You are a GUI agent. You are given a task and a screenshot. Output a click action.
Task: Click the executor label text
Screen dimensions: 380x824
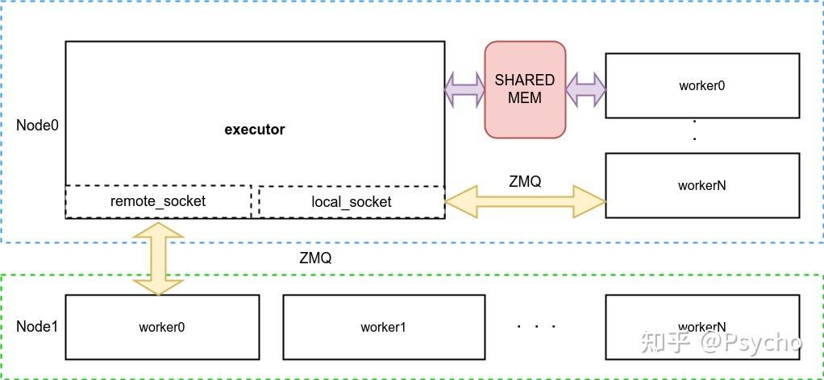pyautogui.click(x=254, y=130)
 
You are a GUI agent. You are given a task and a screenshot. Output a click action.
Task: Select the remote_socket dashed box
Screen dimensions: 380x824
pyautogui.click(x=158, y=201)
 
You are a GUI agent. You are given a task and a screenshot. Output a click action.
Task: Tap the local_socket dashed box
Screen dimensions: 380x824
pyautogui.click(x=351, y=202)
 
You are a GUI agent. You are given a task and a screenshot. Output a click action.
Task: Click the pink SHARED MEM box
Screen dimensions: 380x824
pyautogui.click(x=525, y=89)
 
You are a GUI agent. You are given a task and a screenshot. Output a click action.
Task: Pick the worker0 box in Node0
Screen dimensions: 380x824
pyautogui.click(x=702, y=85)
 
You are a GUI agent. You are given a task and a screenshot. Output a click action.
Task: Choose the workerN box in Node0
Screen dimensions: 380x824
pyautogui.click(x=702, y=185)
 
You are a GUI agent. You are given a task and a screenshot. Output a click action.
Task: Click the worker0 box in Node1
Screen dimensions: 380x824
pyautogui.click(x=162, y=327)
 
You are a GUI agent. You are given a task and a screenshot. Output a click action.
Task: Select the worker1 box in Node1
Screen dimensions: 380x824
pyautogui.click(x=384, y=327)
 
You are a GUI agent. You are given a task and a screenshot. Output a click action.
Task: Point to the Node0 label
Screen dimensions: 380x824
pyautogui.click(x=37, y=126)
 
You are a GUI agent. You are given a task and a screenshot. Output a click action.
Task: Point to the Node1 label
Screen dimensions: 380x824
pyautogui.click(x=37, y=327)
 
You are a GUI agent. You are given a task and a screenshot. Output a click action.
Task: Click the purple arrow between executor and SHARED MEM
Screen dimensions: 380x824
pyautogui.click(x=464, y=89)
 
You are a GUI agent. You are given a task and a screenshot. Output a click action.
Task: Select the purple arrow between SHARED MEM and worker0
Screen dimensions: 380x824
pyautogui.click(x=585, y=89)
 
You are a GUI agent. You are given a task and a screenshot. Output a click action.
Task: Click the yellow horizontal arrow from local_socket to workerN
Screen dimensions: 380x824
pyautogui.click(x=525, y=202)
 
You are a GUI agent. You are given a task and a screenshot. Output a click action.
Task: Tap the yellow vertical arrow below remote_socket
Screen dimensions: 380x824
pyautogui.click(x=158, y=259)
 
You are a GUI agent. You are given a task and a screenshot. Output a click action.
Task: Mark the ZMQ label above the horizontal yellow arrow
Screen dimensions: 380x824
pyautogui.click(x=525, y=182)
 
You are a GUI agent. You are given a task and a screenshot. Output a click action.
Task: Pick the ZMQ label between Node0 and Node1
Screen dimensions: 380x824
pyautogui.click(x=314, y=258)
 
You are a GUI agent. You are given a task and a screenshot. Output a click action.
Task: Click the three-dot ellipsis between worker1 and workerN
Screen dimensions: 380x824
pyautogui.click(x=536, y=327)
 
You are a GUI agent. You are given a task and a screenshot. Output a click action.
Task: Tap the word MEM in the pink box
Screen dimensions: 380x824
pyautogui.click(x=525, y=97)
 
